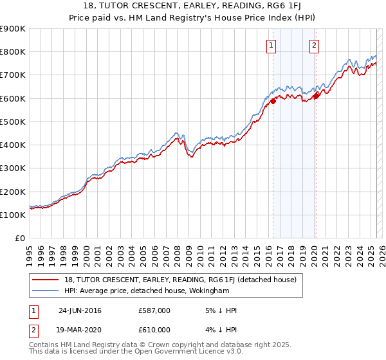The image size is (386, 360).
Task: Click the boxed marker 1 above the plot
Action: tap(271, 45)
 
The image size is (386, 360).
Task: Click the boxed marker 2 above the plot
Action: tap(314, 45)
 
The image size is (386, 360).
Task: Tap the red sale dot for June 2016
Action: tap(273, 100)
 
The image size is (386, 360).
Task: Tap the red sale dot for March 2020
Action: tap(316, 96)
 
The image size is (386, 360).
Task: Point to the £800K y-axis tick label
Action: tap(12, 52)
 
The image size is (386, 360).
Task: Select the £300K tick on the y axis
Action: tap(12, 168)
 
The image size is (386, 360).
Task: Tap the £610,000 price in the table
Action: tap(154, 330)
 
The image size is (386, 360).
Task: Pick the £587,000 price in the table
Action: tap(154, 310)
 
